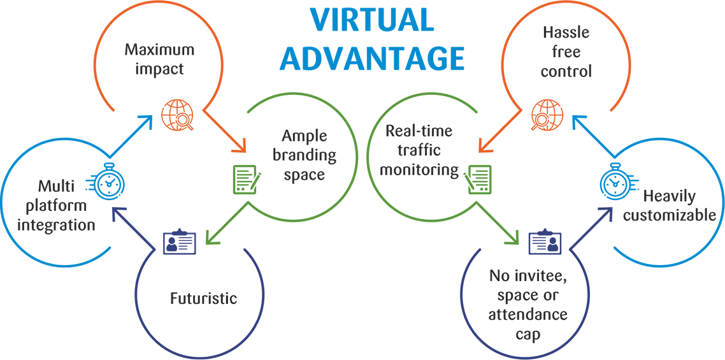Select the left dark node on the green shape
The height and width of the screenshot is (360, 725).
tap(303, 156)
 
